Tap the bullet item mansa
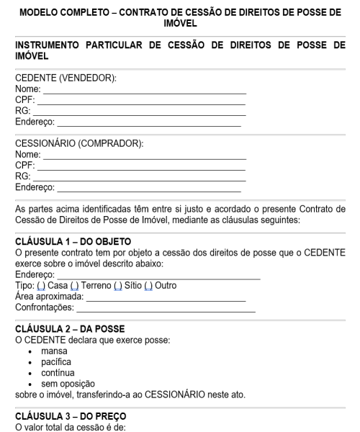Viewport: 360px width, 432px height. coord(61,351)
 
